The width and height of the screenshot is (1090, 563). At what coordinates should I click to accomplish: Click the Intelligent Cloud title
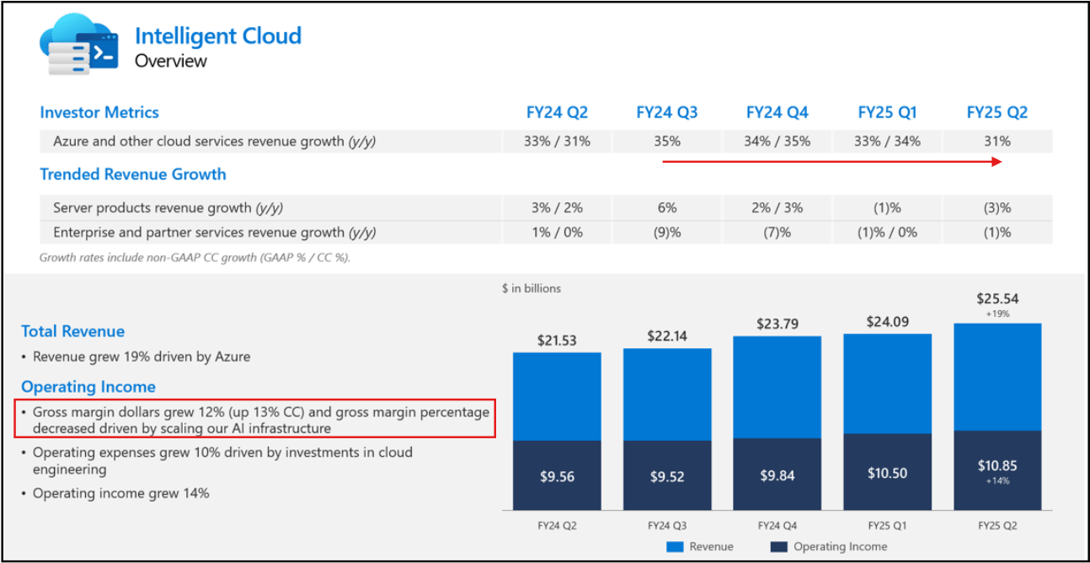click(x=217, y=36)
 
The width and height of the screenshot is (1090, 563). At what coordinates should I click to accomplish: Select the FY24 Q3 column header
click(x=667, y=113)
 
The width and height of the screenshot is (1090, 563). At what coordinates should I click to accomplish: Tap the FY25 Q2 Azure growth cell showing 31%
click(x=997, y=142)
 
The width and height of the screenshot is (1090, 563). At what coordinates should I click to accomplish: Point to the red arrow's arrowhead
click(x=997, y=161)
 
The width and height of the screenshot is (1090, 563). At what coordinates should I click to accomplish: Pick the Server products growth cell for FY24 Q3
click(x=667, y=207)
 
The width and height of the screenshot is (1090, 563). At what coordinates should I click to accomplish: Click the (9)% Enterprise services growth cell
click(x=667, y=233)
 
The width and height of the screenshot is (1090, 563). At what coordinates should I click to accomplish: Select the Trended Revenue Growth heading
click(x=133, y=174)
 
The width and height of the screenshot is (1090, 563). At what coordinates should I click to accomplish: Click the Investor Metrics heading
click(x=99, y=113)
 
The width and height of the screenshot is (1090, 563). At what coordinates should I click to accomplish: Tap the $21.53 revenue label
click(x=557, y=340)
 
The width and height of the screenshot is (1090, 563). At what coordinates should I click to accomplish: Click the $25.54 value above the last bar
click(x=997, y=298)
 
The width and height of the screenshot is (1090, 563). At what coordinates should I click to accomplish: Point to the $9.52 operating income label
click(x=667, y=477)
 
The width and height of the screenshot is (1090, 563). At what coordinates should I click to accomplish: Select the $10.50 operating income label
click(x=887, y=474)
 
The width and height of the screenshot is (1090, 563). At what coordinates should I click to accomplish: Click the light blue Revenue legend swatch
click(x=675, y=547)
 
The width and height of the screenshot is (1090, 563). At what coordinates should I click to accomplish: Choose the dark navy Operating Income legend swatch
click(x=779, y=547)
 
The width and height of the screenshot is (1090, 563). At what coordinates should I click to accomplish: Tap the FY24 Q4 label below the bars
click(x=777, y=525)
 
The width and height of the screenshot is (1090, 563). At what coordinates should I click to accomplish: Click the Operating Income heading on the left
click(x=88, y=387)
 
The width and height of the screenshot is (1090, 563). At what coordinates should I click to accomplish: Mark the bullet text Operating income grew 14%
click(x=120, y=493)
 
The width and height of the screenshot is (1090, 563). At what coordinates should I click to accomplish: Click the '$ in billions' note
click(x=531, y=288)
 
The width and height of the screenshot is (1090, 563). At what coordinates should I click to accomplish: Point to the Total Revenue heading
click(x=72, y=331)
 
